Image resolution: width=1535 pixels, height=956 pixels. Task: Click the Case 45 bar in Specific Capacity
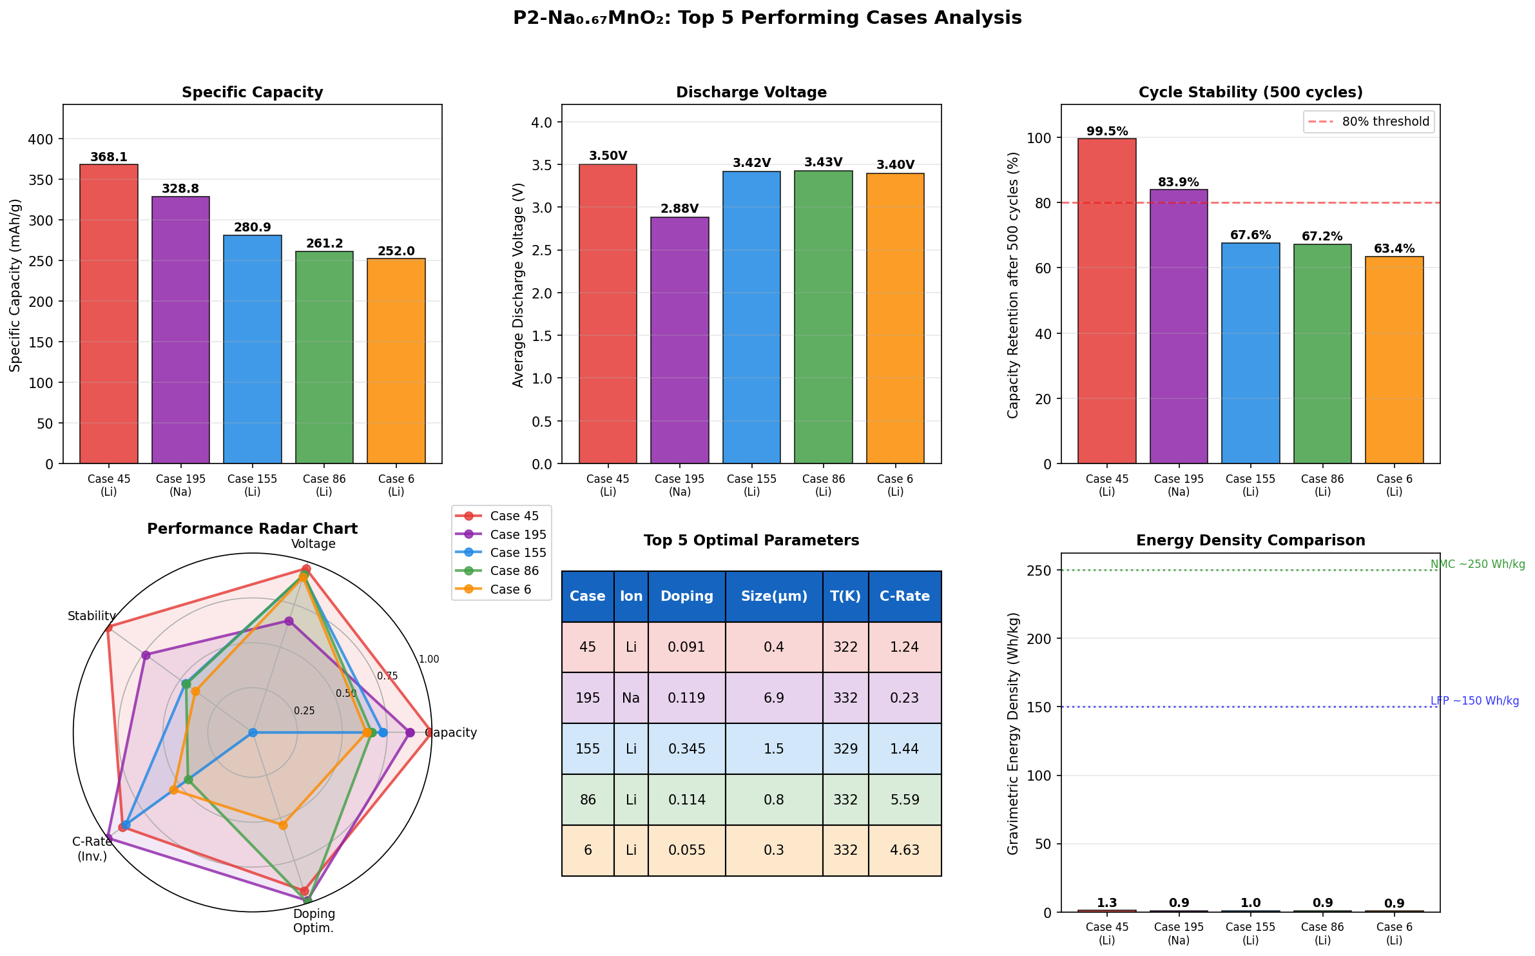pyautogui.click(x=109, y=314)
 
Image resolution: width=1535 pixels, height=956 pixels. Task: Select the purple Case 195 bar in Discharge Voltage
pyautogui.click(x=679, y=340)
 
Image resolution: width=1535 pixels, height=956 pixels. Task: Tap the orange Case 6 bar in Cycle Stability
pyautogui.click(x=1394, y=360)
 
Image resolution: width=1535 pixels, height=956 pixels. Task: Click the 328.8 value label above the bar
pyautogui.click(x=180, y=189)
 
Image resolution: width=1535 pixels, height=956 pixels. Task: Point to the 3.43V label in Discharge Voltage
pyautogui.click(x=823, y=162)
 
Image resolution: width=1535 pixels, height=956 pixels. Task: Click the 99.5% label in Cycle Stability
pyautogui.click(x=1106, y=132)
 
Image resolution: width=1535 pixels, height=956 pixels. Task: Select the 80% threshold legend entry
pyautogui.click(x=1369, y=122)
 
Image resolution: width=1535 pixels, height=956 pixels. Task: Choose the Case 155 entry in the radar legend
pyautogui.click(x=517, y=552)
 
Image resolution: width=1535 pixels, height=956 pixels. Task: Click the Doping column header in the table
pyautogui.click(x=686, y=596)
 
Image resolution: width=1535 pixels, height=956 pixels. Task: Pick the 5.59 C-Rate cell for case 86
pyautogui.click(x=904, y=799)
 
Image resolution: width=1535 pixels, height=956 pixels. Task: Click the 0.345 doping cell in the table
pyautogui.click(x=686, y=748)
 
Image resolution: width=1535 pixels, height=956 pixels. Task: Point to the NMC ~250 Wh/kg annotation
pyautogui.click(x=1477, y=565)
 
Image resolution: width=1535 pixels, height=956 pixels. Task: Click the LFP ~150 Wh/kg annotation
pyautogui.click(x=1474, y=701)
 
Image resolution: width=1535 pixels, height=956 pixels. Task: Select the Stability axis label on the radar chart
pyautogui.click(x=92, y=616)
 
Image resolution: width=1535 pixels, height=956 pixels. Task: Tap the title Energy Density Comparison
pyautogui.click(x=1250, y=540)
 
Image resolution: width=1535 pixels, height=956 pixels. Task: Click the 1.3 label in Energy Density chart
pyautogui.click(x=1106, y=903)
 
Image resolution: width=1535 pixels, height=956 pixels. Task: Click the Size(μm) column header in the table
pyautogui.click(x=773, y=596)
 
